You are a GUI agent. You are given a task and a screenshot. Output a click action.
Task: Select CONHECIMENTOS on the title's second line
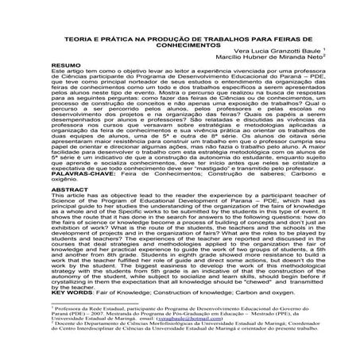(180, 68)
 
